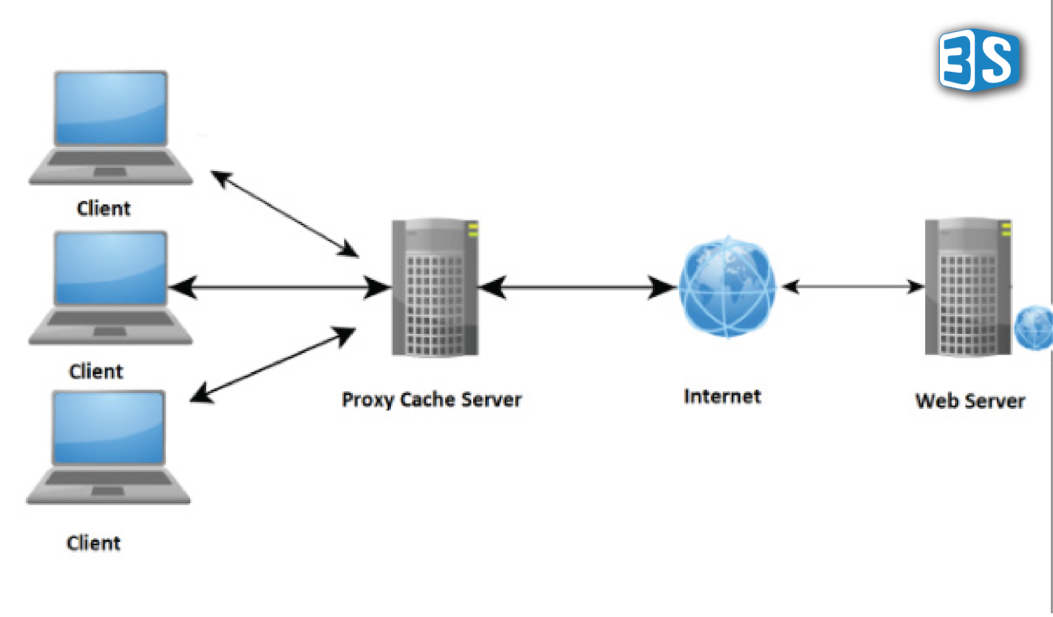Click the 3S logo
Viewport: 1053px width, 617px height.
point(979,60)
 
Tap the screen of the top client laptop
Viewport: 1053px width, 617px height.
point(111,108)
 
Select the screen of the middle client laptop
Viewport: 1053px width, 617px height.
point(111,268)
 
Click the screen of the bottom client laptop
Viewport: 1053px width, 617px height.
point(109,428)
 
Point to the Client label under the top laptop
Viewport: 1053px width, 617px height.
point(103,208)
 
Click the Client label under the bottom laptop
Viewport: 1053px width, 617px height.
point(93,543)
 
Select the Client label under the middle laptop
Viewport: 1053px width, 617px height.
point(96,371)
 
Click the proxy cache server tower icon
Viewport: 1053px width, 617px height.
point(435,288)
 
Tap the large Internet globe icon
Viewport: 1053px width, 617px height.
point(727,287)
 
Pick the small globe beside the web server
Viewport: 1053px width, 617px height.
point(1035,327)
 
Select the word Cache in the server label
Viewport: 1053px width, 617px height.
point(427,399)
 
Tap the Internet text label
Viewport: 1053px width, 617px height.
point(722,396)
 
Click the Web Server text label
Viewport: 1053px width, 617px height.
point(969,400)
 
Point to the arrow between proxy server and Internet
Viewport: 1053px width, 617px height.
point(577,288)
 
